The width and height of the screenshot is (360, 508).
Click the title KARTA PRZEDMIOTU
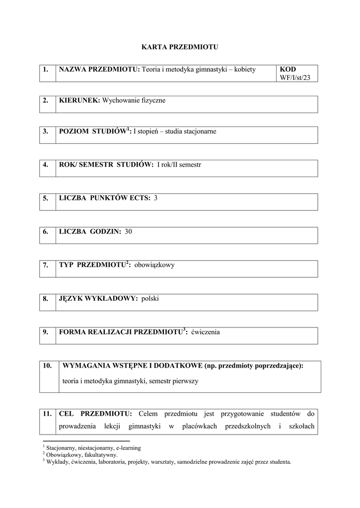[x=180, y=47]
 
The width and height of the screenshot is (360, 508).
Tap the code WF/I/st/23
[x=295, y=78]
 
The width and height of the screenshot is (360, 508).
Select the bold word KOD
[x=288, y=69]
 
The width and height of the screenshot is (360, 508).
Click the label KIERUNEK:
[x=79, y=101]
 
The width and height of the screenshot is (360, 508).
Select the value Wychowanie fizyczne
[x=134, y=101]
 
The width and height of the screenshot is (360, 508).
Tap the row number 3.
[x=45, y=131]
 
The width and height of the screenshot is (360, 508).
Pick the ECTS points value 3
[x=156, y=198]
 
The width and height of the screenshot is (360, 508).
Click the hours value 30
[x=129, y=231]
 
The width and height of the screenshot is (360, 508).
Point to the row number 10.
[x=48, y=366]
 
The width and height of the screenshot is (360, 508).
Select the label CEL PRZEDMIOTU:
[x=95, y=413]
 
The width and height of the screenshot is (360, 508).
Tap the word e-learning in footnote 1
[x=128, y=448]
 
